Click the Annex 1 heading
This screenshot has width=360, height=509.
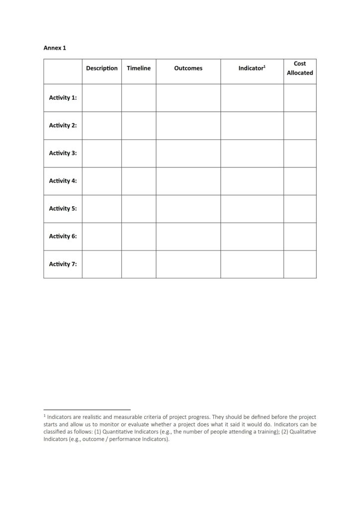coord(55,48)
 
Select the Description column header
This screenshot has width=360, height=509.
coord(102,68)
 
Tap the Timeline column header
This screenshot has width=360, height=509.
coord(138,68)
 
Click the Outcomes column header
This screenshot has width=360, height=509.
coord(188,68)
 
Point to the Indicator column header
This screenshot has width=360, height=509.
coord(252,68)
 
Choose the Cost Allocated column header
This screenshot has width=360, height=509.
coord(300,68)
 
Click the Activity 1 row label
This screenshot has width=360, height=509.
coord(63,98)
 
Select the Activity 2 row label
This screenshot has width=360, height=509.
coord(63,126)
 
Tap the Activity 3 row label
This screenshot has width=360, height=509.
coord(63,153)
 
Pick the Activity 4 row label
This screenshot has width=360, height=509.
coord(63,181)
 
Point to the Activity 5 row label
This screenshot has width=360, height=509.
coord(63,209)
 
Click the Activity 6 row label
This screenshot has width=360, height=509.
coord(63,237)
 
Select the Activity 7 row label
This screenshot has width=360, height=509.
coord(63,264)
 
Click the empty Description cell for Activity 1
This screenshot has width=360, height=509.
coord(102,98)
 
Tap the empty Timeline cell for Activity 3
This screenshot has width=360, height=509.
coord(138,153)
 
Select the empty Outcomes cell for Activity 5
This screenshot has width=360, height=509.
coord(188,209)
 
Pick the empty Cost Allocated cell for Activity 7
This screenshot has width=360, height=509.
coord(300,264)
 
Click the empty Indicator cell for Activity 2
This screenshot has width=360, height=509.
coord(252,126)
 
